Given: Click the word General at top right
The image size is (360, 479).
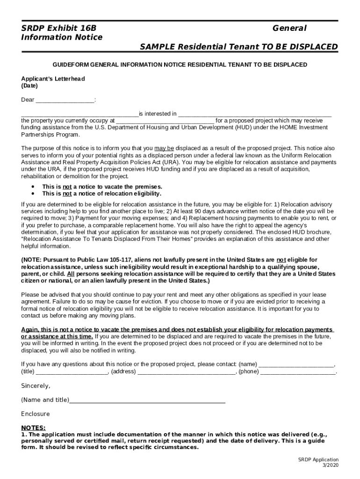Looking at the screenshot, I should (x=289, y=29).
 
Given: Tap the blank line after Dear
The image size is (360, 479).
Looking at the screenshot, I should (x=65, y=100).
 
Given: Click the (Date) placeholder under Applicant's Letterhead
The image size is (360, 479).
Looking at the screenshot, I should (x=29, y=86).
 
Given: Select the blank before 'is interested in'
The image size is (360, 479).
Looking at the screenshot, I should (x=79, y=114).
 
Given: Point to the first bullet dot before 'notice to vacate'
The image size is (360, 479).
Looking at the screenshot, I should (x=33, y=186).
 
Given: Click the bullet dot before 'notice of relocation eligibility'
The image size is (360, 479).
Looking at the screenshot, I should (x=33, y=193).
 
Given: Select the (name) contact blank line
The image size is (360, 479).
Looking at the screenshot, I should (x=296, y=365).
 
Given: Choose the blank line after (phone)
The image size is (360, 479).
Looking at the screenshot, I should (x=298, y=372).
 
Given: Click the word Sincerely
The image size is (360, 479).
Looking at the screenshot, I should (x=36, y=386).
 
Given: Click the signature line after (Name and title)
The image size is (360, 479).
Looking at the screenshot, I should (x=147, y=401).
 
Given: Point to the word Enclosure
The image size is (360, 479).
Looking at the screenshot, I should (x=36, y=414).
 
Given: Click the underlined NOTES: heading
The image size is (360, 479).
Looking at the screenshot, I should (x=34, y=428).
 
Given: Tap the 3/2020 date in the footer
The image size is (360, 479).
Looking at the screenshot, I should (x=331, y=465).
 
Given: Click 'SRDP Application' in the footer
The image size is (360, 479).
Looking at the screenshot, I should (x=318, y=460).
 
